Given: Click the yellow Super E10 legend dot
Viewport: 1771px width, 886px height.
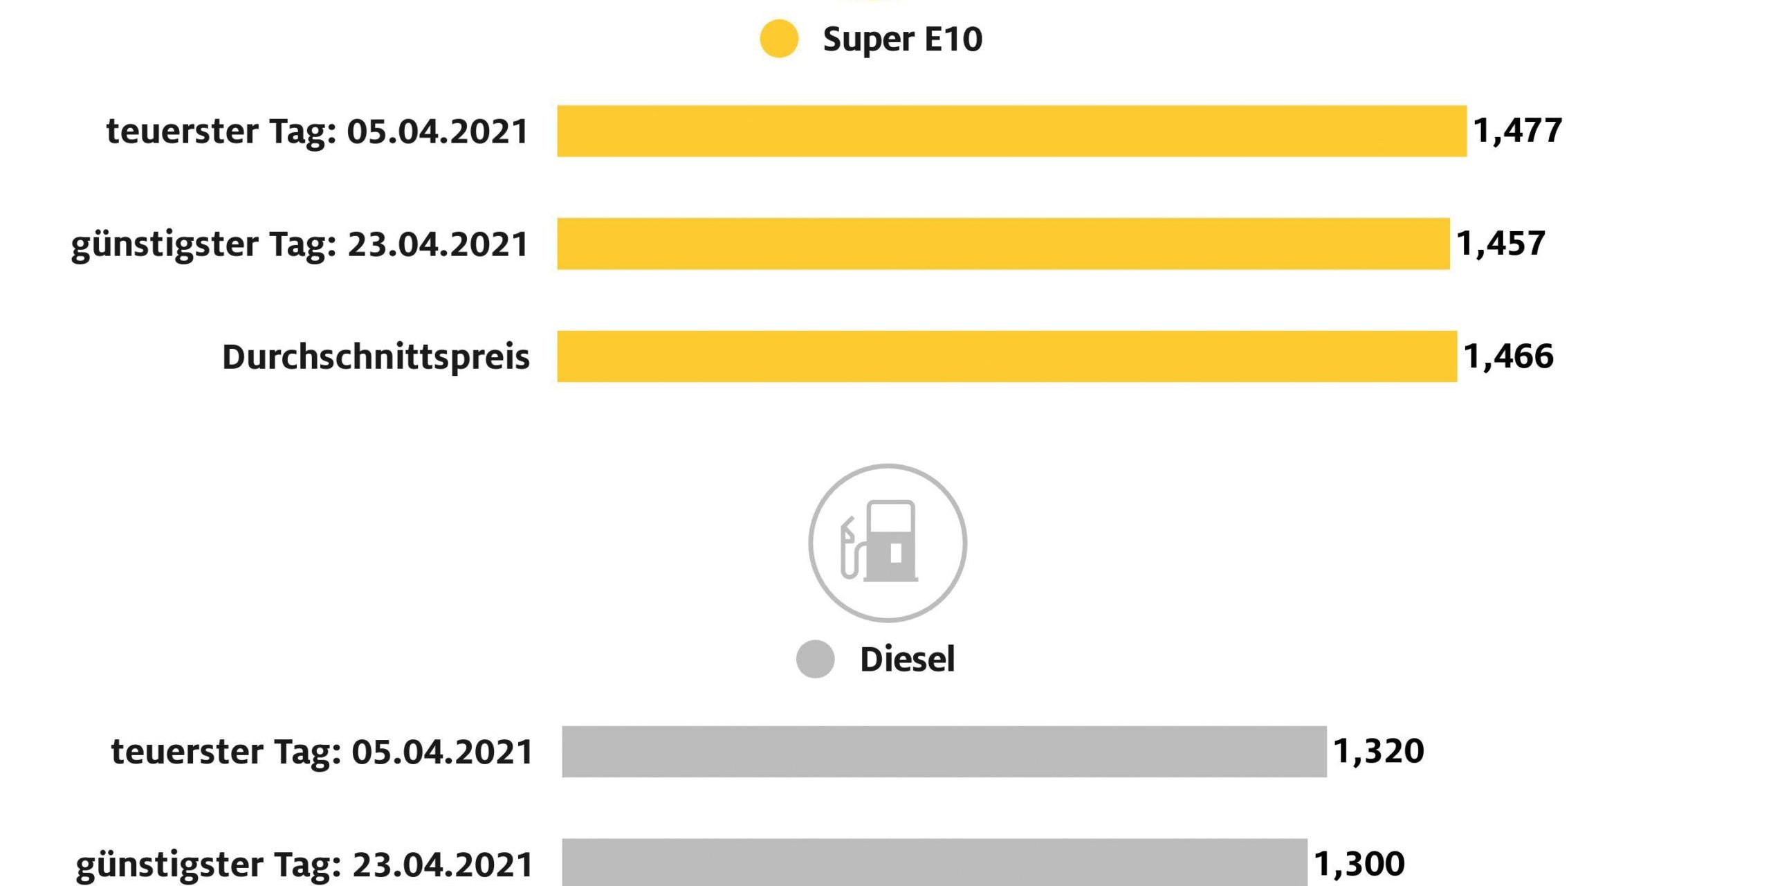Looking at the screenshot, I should pos(779,39).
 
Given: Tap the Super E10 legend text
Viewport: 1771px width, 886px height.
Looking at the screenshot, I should pos(902,39).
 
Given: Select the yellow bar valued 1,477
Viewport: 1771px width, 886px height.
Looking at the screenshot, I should pos(1011,131).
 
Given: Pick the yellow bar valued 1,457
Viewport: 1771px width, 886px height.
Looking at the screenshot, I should pos(1003,244).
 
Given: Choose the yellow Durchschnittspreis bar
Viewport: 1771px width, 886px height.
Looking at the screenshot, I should pos(1007,356).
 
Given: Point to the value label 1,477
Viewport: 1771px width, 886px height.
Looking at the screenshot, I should pos(1517,131).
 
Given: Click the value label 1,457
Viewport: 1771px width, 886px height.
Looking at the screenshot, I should pos(1501,244).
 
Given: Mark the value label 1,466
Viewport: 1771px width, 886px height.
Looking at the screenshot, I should pos(1508,356).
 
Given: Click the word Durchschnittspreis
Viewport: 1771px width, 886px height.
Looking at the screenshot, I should pos(376,357).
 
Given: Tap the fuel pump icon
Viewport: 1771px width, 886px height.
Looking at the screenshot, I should pos(888,543).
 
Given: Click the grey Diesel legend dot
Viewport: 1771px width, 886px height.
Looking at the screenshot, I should pos(815,659).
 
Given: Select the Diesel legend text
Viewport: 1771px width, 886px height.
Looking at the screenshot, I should pos(907,660).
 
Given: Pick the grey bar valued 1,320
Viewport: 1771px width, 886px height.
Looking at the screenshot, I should pos(944,752).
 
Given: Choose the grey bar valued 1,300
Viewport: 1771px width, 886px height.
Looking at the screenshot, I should pos(935,863).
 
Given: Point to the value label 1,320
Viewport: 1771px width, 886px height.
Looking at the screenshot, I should pos(1378,752).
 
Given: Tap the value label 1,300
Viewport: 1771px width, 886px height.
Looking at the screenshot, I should pos(1359,864).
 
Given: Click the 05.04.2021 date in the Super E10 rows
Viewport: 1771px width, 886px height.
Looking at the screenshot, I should pos(437,132).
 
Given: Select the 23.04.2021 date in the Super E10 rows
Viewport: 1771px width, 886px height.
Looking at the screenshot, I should pos(437,244).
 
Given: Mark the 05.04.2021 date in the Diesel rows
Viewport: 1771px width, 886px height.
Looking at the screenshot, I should pos(442,752).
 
